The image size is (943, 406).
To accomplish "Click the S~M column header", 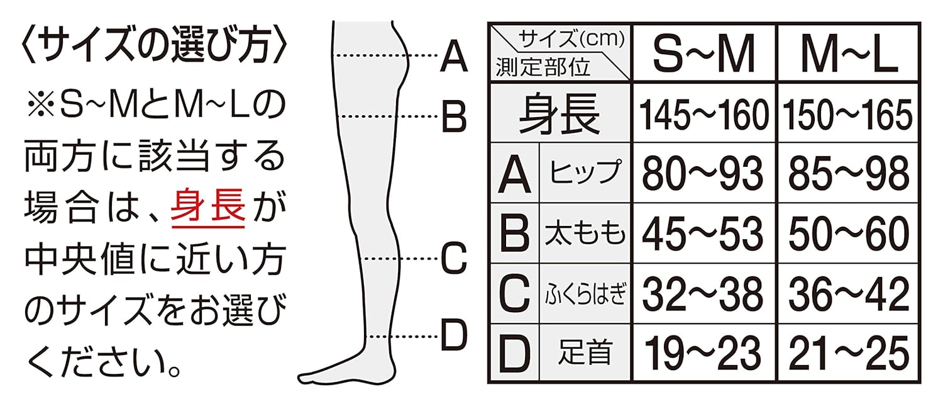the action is click(704, 53).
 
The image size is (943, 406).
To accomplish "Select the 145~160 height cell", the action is click(704, 114).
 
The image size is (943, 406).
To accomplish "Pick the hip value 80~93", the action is click(704, 172).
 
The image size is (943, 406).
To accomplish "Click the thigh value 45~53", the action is click(704, 232).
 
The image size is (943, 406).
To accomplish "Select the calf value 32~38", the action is click(704, 292).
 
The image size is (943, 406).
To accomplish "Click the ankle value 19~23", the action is click(704, 352).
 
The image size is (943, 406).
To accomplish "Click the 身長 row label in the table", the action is click(560, 114).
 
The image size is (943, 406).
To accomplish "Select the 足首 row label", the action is click(585, 352).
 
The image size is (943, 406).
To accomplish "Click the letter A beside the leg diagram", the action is click(454, 56).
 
